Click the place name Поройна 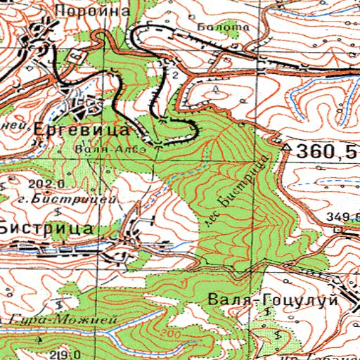coord(103,11)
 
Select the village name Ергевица coord(82,131)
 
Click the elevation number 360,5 coord(326,151)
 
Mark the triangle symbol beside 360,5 coord(287,148)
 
